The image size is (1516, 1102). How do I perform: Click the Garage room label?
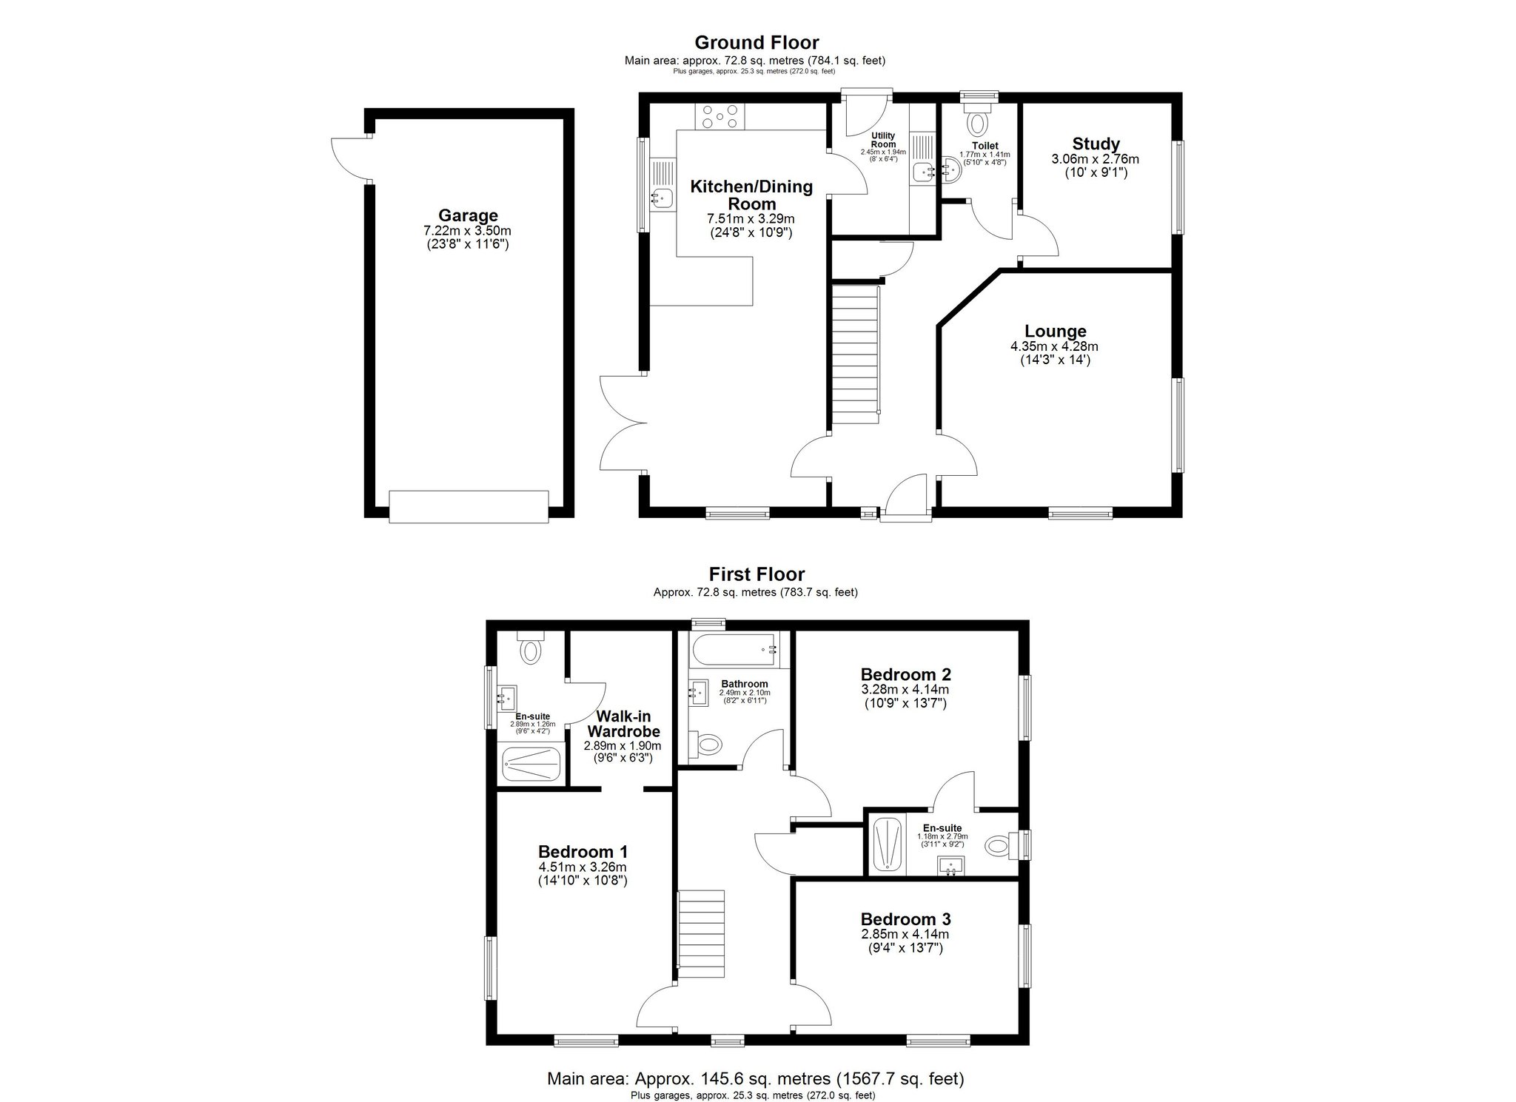point(468,215)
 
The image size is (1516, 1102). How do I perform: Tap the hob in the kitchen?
point(202,116)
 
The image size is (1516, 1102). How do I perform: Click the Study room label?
point(1096,144)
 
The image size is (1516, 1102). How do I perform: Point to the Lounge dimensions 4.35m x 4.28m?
point(1054,346)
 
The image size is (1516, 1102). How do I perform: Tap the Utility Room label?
point(883,139)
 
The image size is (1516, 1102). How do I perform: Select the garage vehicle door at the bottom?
point(469,507)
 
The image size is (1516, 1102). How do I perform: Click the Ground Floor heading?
point(756,42)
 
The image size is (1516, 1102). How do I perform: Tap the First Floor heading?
point(757,574)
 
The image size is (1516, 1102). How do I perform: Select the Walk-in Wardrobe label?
point(623,724)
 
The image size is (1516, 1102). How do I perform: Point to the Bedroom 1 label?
point(583,851)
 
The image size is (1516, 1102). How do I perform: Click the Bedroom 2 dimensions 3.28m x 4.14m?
point(905,690)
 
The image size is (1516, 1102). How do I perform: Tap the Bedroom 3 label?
point(905,918)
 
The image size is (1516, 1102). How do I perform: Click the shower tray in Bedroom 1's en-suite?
point(531,764)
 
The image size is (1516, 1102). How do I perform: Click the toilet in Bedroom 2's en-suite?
point(999,844)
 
